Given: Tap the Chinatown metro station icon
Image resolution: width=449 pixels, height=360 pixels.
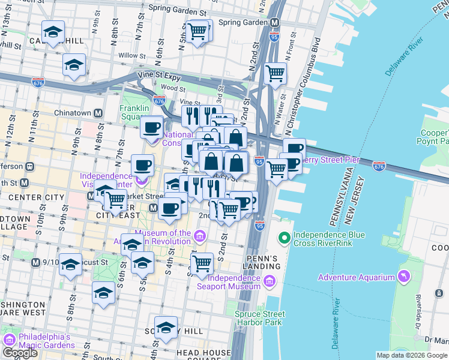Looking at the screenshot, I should (x=97, y=113).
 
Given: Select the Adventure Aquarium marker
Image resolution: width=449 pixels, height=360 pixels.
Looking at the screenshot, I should (x=404, y=277).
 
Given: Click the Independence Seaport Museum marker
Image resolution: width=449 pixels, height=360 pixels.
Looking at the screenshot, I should (x=269, y=281).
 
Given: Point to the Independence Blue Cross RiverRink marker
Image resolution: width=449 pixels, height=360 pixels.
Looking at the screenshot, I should (x=284, y=238).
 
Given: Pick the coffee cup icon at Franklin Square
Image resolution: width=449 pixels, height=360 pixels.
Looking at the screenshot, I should (x=152, y=127).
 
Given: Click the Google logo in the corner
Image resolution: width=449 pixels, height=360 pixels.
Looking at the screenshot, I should (x=20, y=353).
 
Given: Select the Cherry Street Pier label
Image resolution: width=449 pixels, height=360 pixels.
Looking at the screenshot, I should (x=329, y=160).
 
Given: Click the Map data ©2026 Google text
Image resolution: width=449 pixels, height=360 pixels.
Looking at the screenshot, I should (x=412, y=355).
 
